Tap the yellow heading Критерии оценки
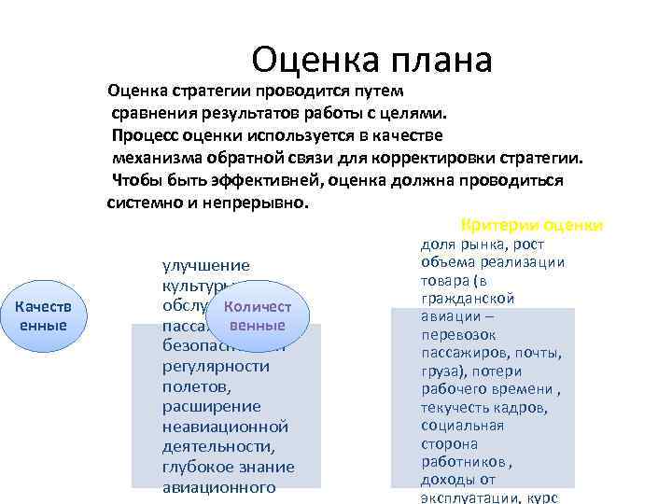pyautogui.click(x=532, y=226)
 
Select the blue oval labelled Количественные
pyautogui.click(x=258, y=315)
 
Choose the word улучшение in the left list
pyautogui.click(x=205, y=266)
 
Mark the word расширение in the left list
pyautogui.click(x=211, y=406)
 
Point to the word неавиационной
pyautogui.click(x=225, y=427)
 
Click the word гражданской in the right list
pyautogui.click(x=468, y=298)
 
